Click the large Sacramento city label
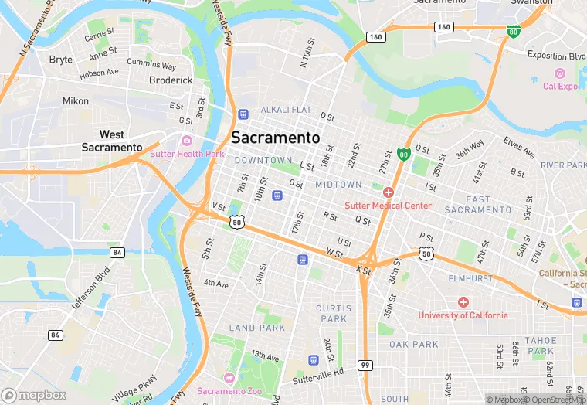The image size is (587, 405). coord(275,138)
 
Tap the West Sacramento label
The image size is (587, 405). coord(112,141)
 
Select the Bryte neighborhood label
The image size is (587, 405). coord(60,60)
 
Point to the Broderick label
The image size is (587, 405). coord(170,80)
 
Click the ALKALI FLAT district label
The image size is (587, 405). coord(286,111)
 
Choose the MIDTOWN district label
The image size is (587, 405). coord(338,185)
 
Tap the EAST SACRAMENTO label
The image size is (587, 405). coord(478,205)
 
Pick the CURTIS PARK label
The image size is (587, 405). coord(333,313)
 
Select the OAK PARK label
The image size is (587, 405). coord(414,345)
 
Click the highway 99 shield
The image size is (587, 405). coord(365,364)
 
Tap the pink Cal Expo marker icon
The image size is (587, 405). coord(559,73)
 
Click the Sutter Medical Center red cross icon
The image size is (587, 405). coord(388,192)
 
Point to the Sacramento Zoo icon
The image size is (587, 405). coord(229,378)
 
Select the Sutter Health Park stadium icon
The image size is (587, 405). coord(187,141)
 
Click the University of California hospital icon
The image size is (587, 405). coord(463,302)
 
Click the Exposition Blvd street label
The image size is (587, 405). coord(556,56)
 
